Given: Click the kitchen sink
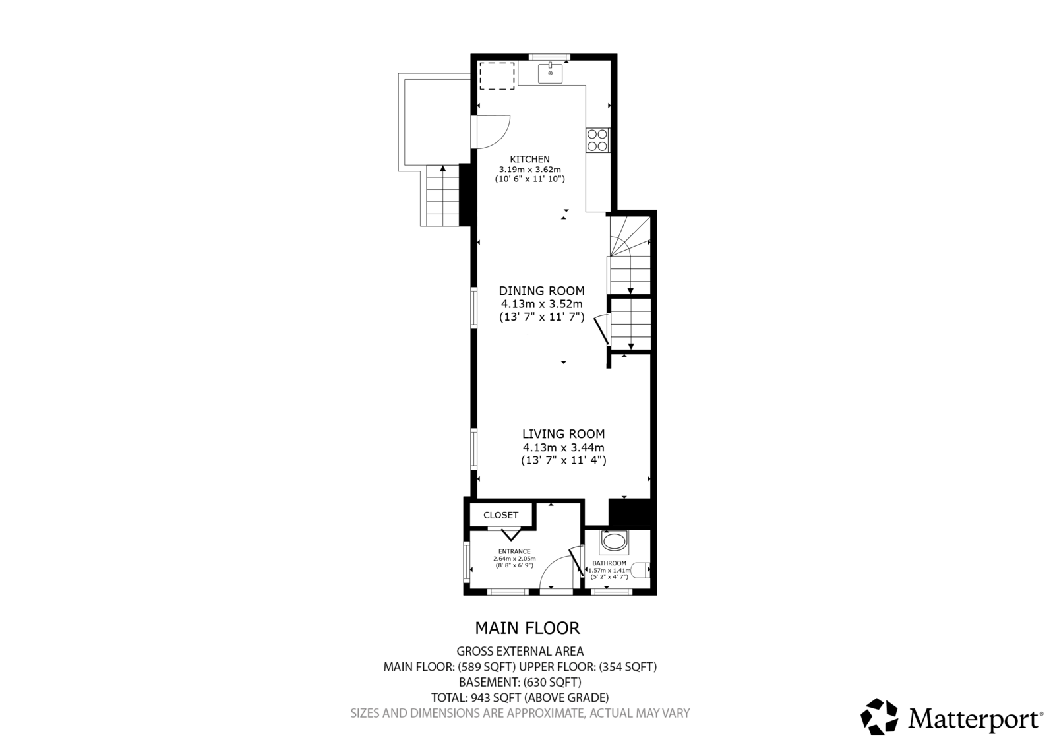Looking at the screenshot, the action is pos(550,73).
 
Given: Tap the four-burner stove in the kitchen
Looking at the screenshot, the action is pos(597,140).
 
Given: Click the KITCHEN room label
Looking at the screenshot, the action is pos(530,159).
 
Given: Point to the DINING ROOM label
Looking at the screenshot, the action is pos(541,291).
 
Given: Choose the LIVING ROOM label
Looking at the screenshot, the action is pos(563,434).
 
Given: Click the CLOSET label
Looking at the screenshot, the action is pos(500,516).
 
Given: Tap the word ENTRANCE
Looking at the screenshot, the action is pos(514,551).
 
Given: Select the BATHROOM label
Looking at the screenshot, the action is pos(609,563).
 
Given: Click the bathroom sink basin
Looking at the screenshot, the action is pos(614,542).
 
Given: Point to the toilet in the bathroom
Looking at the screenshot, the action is pos(640,570).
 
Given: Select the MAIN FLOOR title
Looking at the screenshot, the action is pos(527,628).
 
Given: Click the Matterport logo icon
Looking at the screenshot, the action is pos(879,717).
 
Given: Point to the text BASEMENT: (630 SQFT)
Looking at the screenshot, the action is pos(520,682).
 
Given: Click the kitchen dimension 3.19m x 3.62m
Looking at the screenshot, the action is pos(530,169).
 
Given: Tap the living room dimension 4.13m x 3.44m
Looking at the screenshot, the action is pos(563,447).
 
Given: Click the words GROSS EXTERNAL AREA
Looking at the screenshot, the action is pos(520,651).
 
